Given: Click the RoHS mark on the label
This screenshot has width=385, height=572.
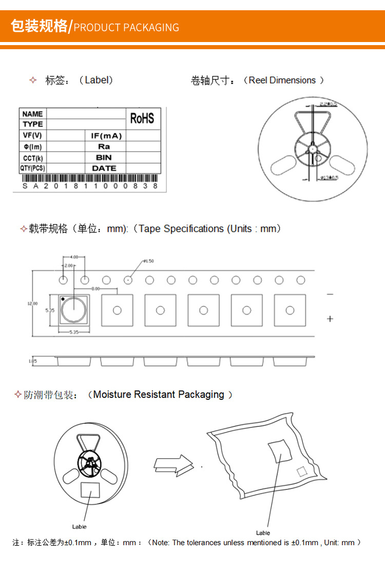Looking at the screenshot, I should [x=142, y=118].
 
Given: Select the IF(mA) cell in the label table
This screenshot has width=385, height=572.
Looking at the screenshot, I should [x=106, y=136].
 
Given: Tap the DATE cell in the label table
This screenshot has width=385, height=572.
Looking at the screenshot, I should [x=104, y=168].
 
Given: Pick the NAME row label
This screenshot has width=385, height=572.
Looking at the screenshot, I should [x=33, y=114].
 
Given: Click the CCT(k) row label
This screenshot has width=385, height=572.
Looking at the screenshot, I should [x=33, y=158].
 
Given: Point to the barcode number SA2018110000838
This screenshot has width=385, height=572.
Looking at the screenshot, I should [x=90, y=186].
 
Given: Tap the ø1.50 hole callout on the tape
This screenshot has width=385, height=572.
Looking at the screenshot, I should [x=148, y=261].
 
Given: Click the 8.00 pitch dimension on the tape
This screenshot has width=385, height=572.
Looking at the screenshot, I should [x=95, y=289].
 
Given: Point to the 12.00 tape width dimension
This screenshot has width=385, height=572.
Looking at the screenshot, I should [x=32, y=303].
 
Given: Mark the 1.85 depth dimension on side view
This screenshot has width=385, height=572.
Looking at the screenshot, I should [x=32, y=361].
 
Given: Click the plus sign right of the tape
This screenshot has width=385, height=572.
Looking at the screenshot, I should [x=330, y=319].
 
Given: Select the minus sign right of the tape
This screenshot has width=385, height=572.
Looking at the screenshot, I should [x=330, y=294].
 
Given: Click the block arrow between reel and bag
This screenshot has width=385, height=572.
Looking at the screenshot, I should [x=174, y=464].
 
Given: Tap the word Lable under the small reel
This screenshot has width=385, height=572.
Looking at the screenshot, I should [x=79, y=526].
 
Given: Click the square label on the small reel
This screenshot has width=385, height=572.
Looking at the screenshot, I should [x=90, y=489].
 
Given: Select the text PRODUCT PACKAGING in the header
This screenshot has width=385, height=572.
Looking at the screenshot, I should [x=126, y=28].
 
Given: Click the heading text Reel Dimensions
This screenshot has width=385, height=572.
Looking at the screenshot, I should [x=282, y=80].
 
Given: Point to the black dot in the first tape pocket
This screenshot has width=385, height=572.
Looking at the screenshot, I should [x=63, y=298].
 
